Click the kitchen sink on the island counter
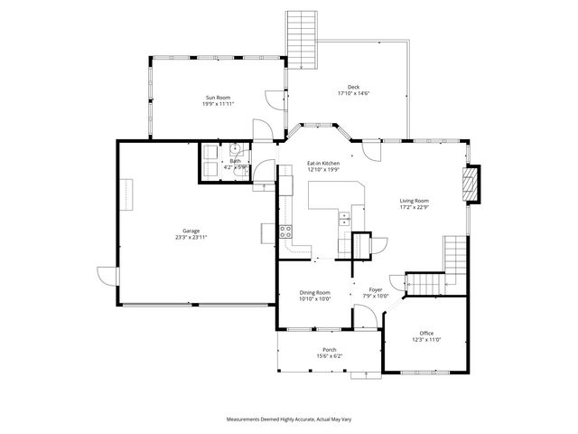344,217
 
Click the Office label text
426,334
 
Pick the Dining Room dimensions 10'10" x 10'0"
315,299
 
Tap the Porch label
330,350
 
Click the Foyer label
375,289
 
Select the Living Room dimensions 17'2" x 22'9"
415,207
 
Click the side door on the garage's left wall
108,276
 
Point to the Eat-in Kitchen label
322,163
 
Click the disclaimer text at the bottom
288,420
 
